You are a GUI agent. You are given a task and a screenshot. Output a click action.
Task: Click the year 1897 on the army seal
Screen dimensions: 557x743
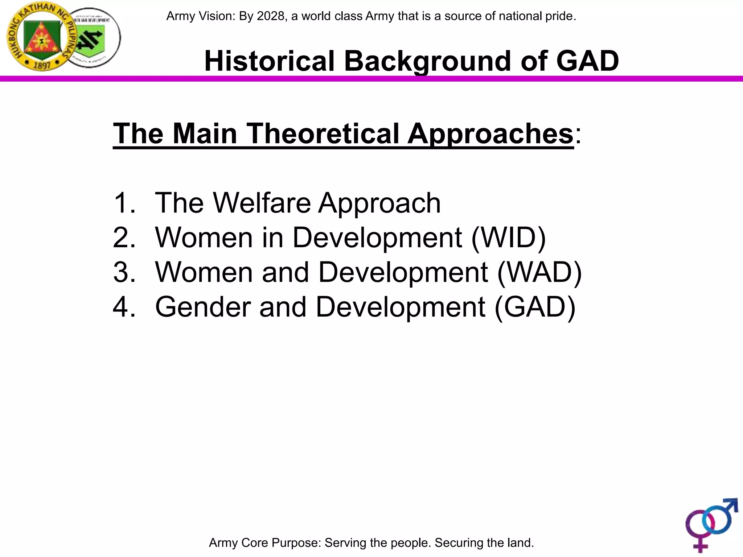42,65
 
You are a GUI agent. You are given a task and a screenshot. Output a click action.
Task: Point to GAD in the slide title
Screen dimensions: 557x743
587,61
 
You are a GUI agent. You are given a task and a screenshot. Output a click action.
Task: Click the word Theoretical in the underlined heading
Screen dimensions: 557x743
323,133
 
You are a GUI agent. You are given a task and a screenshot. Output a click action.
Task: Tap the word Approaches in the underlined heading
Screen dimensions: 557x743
490,133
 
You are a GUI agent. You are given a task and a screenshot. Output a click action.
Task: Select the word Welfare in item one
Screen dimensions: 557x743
262,203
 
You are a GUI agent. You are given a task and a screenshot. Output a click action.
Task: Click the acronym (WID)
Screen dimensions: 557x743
508,238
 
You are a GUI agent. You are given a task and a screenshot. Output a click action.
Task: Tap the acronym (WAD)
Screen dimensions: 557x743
539,272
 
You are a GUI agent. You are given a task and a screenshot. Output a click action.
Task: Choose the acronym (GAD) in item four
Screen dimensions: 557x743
535,307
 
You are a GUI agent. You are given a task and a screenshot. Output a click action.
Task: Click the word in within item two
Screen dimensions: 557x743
272,238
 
